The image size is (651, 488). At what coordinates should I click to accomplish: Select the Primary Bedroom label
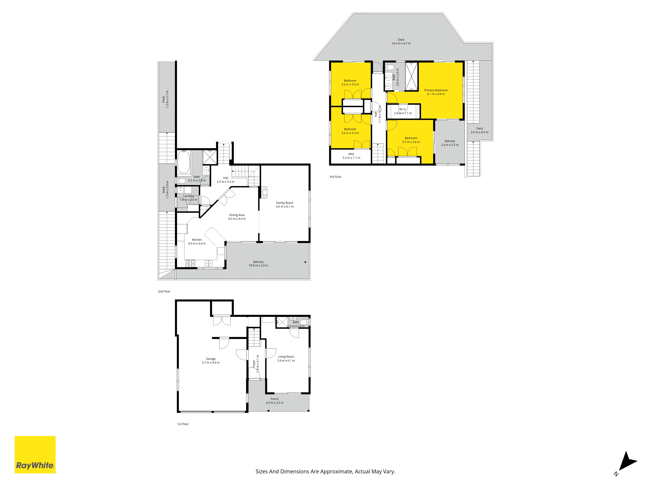[x=436, y=90]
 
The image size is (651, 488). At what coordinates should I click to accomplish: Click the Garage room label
[x=211, y=359]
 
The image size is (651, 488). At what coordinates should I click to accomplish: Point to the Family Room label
[x=285, y=203]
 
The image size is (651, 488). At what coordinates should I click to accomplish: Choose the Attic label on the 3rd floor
[x=351, y=154]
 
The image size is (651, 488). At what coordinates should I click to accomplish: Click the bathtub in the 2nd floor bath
[x=184, y=162]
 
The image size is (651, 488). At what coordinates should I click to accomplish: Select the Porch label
[x=275, y=399]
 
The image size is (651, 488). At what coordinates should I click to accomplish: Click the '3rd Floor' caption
[x=335, y=177]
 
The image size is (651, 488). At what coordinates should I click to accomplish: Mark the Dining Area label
[x=237, y=215]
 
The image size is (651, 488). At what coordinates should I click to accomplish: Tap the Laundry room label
[x=189, y=196]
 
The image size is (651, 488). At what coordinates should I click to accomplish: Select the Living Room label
[x=286, y=357]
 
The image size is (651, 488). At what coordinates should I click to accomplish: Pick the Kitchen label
[x=197, y=240]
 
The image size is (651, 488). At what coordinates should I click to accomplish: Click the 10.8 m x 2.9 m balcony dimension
[x=258, y=266]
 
